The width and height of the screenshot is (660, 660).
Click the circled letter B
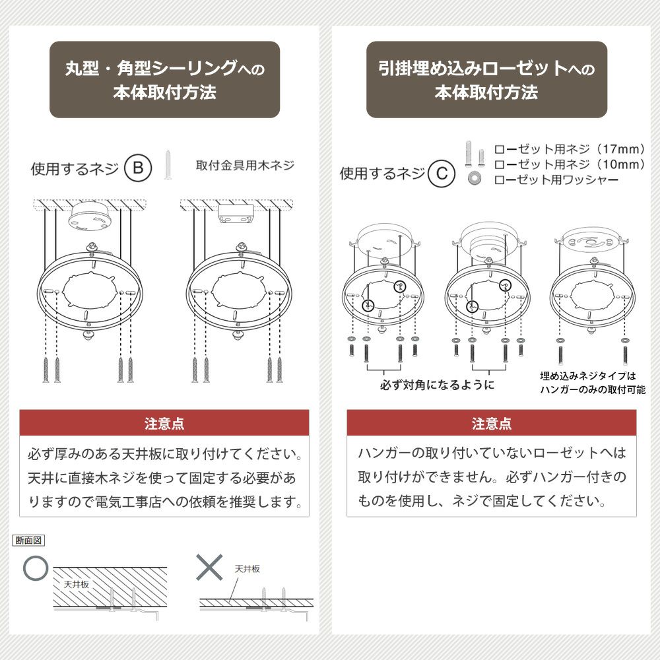pyautogui.click(x=138, y=168)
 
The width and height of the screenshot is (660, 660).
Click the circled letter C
pyautogui.click(x=442, y=174)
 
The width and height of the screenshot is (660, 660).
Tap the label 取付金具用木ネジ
pyautogui.click(x=245, y=165)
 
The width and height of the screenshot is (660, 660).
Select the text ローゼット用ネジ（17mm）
pyautogui.click(x=570, y=149)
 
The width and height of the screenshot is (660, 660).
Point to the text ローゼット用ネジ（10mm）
pyautogui.click(x=570, y=164)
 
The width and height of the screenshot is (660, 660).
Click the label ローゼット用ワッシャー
pyautogui.click(x=556, y=180)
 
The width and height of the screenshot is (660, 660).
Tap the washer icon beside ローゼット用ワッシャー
pyautogui.click(x=475, y=178)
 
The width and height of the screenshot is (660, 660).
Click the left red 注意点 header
pyautogui.click(x=164, y=423)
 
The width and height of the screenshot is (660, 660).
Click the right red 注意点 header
pyautogui.click(x=491, y=423)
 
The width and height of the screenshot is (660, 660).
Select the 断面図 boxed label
pyautogui.click(x=28, y=540)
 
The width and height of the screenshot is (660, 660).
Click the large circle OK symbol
pyautogui.click(x=36, y=568)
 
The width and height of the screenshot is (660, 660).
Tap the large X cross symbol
pyautogui.click(x=209, y=567)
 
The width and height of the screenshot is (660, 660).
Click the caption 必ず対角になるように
pyautogui.click(x=437, y=385)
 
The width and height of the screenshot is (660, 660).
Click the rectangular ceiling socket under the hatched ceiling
pyautogui.click(x=236, y=213)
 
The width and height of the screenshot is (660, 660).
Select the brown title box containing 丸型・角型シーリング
pyautogui.click(x=164, y=80)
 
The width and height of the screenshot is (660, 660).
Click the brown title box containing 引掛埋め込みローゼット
pyautogui.click(x=486, y=80)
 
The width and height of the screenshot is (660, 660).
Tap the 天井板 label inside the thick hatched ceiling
pyautogui.click(x=77, y=584)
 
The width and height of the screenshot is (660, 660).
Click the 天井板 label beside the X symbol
pyautogui.click(x=247, y=569)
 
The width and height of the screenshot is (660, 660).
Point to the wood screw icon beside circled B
pyautogui.click(x=168, y=164)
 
